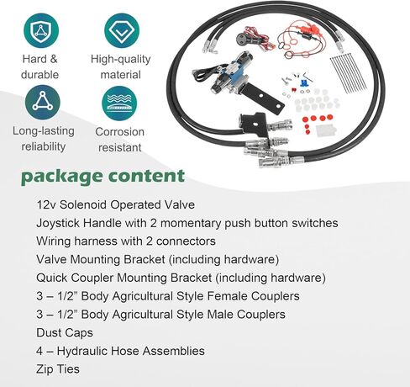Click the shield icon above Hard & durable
pyautogui.click(x=41, y=30)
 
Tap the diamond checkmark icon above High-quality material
pyautogui.click(x=122, y=30)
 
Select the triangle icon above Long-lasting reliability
pyautogui.click(x=43, y=103)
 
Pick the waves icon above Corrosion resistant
pyautogui.click(x=119, y=103)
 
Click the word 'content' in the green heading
pyautogui.click(x=146, y=176)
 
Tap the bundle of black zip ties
pyautogui.click(x=348, y=74)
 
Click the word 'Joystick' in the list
pyautogui.click(x=58, y=224)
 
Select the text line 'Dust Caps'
pyautogui.click(x=65, y=333)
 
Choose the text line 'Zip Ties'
pyautogui.click(x=58, y=369)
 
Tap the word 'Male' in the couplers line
pyautogui.click(x=220, y=315)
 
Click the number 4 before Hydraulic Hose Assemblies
pyautogui.click(x=39, y=351)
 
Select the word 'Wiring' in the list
pyautogui.click(x=53, y=241)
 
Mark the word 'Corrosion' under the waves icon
pyautogui.click(x=120, y=132)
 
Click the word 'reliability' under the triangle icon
pyautogui.click(x=44, y=146)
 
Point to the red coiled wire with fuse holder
pyautogui.click(x=302, y=40)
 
